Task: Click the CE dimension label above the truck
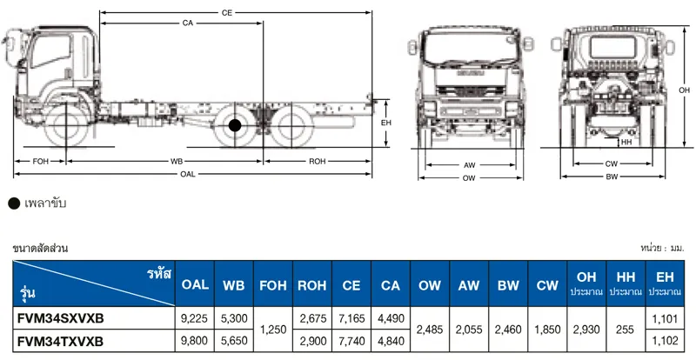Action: pyautogui.click(x=227, y=13)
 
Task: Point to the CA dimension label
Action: pyautogui.click(x=188, y=23)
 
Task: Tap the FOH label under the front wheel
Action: pyautogui.click(x=40, y=162)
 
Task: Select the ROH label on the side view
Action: pyautogui.click(x=318, y=162)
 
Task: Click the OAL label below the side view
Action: pyautogui.click(x=188, y=174)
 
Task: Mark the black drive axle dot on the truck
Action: pyautogui.click(x=235, y=125)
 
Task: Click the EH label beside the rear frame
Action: pyautogui.click(x=386, y=123)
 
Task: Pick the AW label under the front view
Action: pyautogui.click(x=470, y=165)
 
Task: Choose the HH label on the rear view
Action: pyautogui.click(x=626, y=142)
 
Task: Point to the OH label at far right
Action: pyautogui.click(x=684, y=90)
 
